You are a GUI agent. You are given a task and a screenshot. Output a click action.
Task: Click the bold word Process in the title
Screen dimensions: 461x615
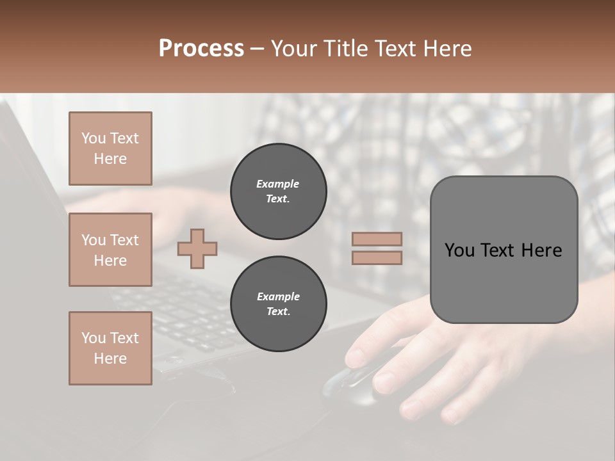pyautogui.click(x=201, y=49)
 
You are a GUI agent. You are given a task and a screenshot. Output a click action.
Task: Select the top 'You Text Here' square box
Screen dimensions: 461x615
pyautogui.click(x=110, y=149)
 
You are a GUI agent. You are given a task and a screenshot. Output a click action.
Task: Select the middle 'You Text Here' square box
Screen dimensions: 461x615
pyautogui.click(x=110, y=250)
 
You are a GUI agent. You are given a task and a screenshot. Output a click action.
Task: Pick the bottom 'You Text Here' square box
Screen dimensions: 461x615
pyautogui.click(x=110, y=348)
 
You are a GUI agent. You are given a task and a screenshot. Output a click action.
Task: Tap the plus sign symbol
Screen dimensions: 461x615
pyautogui.click(x=197, y=248)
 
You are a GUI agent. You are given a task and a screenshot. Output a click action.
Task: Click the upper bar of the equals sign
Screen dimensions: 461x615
pyautogui.click(x=377, y=239)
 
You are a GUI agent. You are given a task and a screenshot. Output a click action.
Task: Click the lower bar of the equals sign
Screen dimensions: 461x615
pyautogui.click(x=377, y=257)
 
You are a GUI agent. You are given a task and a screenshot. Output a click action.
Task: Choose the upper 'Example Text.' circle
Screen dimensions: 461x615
pyautogui.click(x=278, y=191)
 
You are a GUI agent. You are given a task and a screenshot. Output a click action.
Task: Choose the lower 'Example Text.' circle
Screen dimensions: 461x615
pyautogui.click(x=278, y=304)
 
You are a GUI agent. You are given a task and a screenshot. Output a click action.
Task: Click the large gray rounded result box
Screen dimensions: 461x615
pyautogui.click(x=504, y=250)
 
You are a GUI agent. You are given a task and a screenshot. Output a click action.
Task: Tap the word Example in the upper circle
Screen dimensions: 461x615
pyautogui.click(x=278, y=184)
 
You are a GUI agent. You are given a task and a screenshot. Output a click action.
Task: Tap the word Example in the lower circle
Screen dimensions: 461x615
pyautogui.click(x=278, y=296)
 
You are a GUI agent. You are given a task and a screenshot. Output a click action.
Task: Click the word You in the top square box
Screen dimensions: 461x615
pyautogui.click(x=94, y=138)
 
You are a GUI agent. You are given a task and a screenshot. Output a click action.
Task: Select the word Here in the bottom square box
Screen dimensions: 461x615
pyautogui.click(x=110, y=359)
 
